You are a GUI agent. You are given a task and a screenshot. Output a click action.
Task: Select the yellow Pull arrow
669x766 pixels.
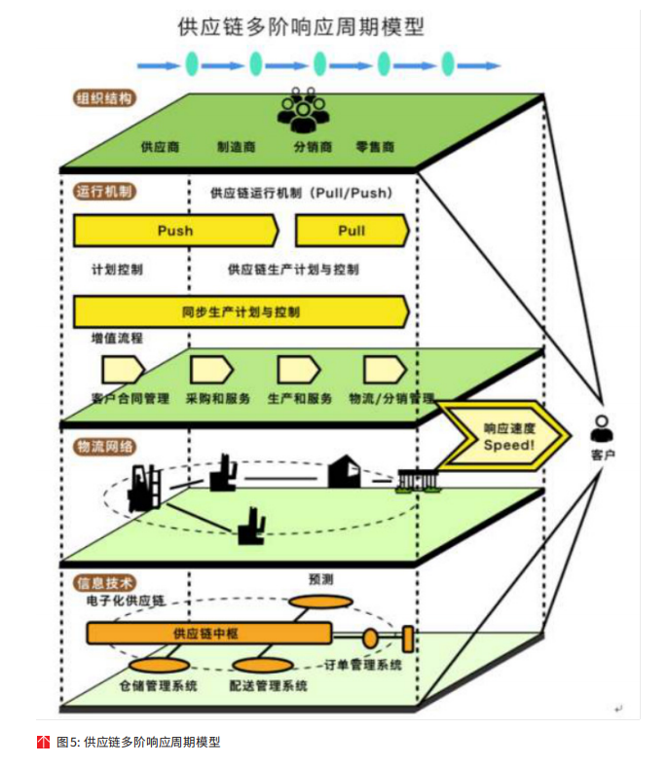tap(352, 231)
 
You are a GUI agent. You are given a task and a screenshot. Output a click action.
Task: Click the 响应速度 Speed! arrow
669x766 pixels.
tap(507, 436)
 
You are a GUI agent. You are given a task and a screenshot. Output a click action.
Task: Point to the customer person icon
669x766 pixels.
tap(602, 427)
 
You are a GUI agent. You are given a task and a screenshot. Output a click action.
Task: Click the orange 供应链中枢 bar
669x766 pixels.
tap(210, 635)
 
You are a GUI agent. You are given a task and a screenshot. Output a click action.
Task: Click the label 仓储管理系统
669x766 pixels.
tap(159, 685)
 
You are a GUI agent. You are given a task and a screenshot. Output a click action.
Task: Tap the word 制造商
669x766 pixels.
tap(237, 148)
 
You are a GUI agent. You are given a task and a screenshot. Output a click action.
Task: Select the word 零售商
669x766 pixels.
tap(375, 148)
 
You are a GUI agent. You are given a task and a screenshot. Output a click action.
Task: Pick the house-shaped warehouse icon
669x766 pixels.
tap(342, 473)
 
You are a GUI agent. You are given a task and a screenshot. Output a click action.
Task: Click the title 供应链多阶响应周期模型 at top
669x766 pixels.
tap(301, 26)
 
